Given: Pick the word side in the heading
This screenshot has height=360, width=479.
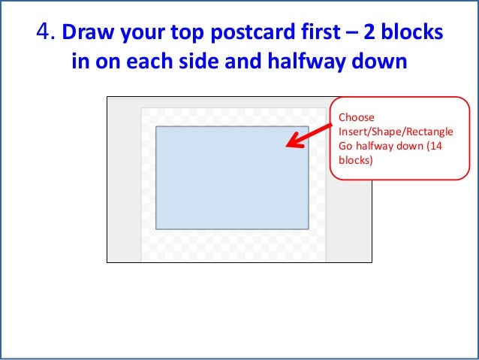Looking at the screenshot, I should pos(210,60).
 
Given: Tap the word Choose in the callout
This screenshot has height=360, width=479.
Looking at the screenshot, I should pos(356,117).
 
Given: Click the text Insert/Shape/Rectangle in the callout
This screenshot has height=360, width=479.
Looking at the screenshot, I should pos(396,132).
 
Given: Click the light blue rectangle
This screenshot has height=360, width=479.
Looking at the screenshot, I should pos(232,177).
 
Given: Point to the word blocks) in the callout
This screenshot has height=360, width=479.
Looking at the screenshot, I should pos(355,160).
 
